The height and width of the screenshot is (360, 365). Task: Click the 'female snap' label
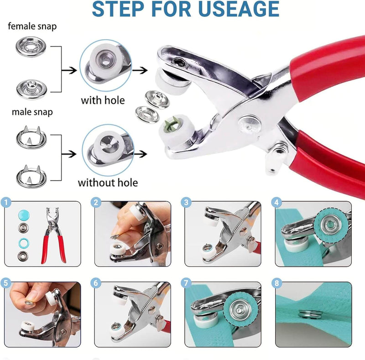(x=32, y=26)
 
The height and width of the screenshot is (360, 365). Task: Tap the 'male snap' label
(x=32, y=112)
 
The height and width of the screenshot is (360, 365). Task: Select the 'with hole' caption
(x=103, y=100)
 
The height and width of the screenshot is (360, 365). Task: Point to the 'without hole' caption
(x=108, y=183)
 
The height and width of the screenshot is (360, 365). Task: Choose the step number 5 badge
(x=6, y=283)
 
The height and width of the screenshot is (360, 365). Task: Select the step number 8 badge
(x=276, y=283)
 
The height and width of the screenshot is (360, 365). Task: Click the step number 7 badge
(x=186, y=283)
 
